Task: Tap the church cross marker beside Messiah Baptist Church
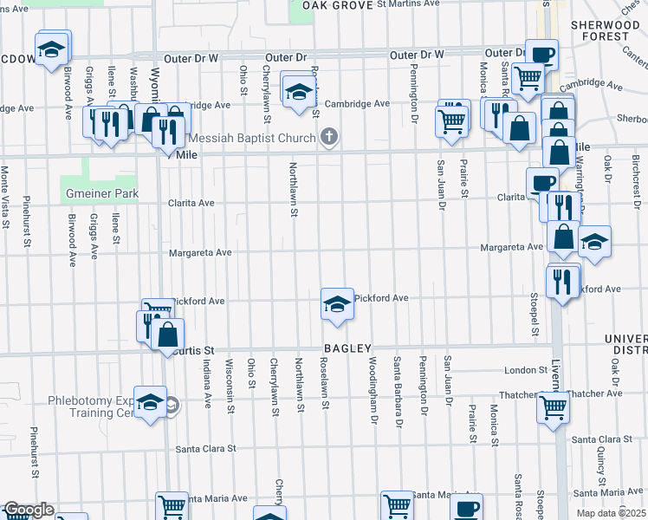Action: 328,136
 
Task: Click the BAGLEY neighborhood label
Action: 347,348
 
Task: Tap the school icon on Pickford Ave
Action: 337,303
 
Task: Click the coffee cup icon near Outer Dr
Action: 542,55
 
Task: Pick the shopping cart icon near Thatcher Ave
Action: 553,406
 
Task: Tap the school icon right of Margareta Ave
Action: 594,242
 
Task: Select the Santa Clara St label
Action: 206,449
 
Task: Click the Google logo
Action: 29,510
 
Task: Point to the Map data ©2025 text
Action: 611,513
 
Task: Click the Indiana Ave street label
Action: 208,382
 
